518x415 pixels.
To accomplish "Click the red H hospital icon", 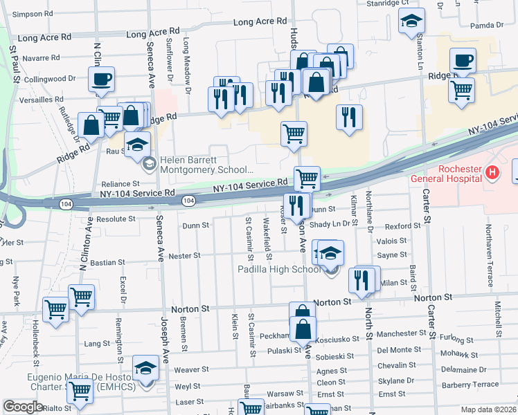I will point(492,172).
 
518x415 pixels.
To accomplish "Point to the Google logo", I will point(24,407).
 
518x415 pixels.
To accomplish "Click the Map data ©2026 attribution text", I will point(488,409).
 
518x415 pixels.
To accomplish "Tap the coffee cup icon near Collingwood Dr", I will point(102,80).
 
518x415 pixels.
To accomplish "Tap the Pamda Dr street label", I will point(485,25).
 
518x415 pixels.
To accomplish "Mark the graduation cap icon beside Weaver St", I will point(145,369).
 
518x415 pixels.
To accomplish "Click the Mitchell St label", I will point(498,318).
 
